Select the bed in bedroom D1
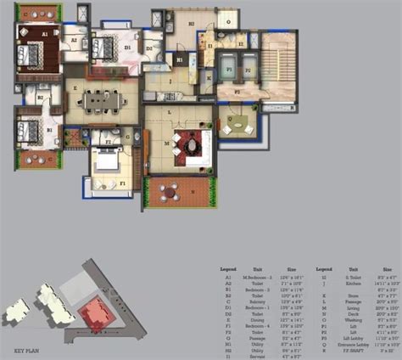(104, 48)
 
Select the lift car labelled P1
(226, 65)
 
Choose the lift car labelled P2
(250, 65)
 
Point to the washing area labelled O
(226, 18)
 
